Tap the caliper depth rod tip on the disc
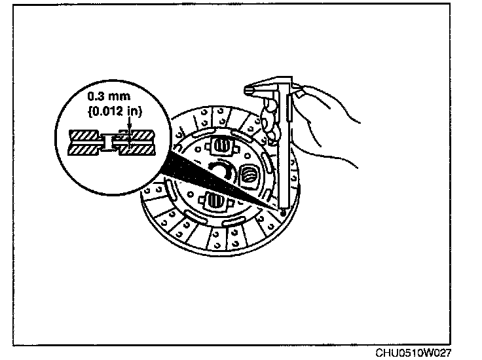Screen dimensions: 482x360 [x=282, y=212]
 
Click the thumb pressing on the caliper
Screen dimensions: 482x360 [x=301, y=95]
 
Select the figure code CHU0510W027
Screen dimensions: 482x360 [x=413, y=351]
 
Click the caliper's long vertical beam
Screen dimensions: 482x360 [x=282, y=157]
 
